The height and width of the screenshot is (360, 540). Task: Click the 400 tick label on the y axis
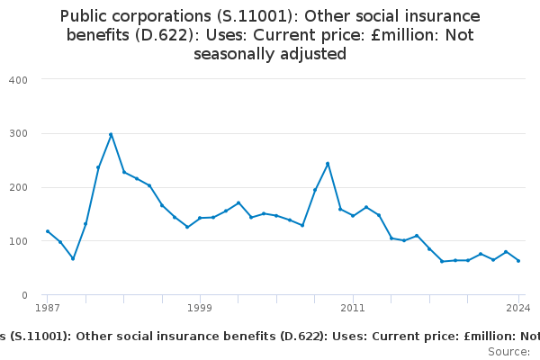pos(18,79)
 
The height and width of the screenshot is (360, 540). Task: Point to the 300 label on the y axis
pos(18,133)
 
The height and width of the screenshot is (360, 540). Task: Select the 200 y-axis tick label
pos(18,187)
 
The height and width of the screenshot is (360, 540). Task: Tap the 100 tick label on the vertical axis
pos(18,241)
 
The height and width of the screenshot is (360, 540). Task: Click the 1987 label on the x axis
pos(47,308)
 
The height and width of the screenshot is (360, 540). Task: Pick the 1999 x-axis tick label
pos(200,308)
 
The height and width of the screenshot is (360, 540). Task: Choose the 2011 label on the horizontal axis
pos(353,308)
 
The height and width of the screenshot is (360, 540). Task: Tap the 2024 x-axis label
pos(518,308)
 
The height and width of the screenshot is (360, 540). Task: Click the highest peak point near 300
pos(111,134)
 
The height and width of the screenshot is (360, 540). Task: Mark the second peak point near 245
pos(328,163)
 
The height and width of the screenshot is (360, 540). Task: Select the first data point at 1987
pos(47,231)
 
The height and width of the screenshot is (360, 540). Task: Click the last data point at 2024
pos(518,261)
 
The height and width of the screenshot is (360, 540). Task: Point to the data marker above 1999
pos(200,218)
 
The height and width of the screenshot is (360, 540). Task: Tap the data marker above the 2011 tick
pos(353,215)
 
